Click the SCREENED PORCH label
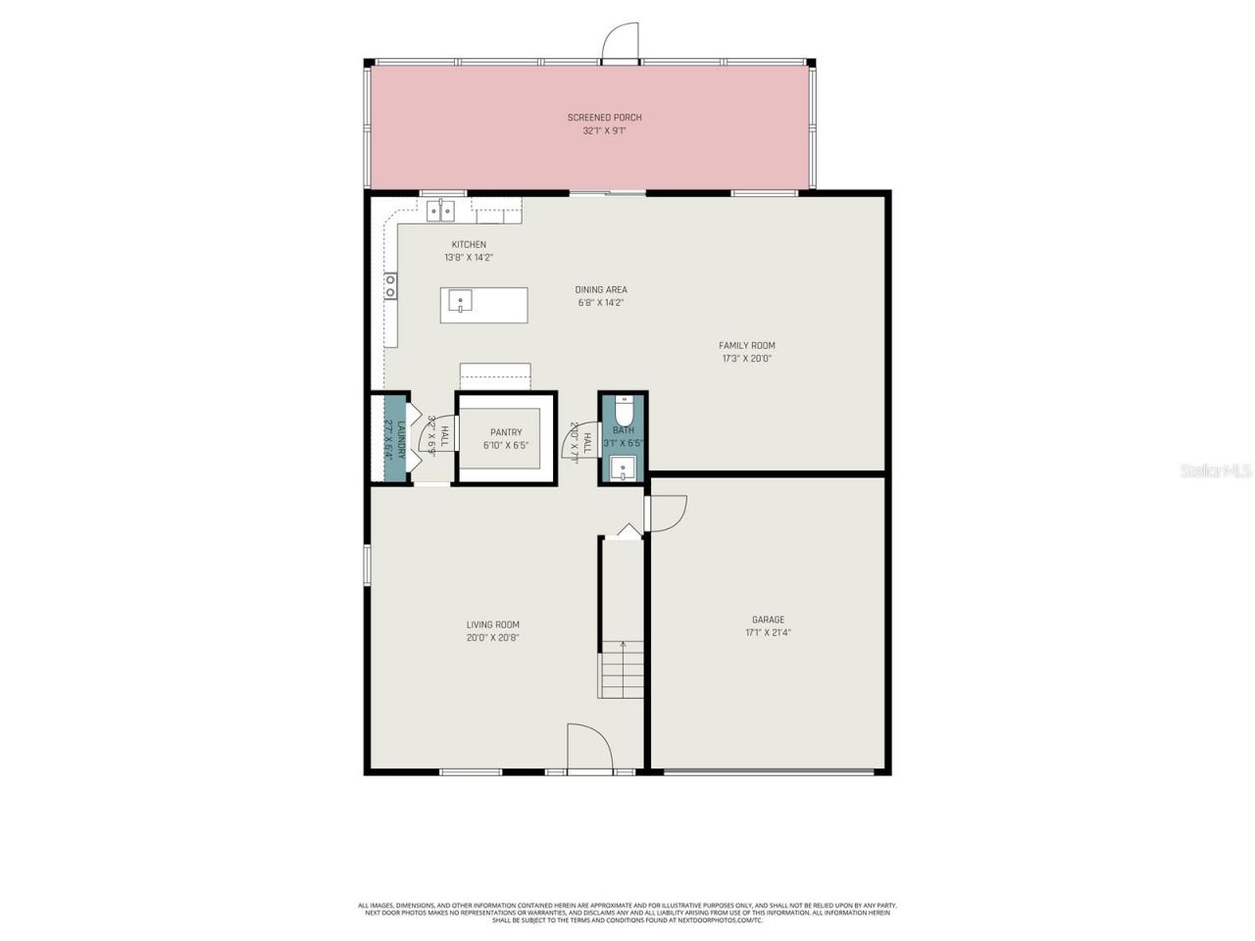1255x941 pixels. (604, 118)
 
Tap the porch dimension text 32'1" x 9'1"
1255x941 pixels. (604, 130)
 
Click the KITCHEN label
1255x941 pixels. (468, 245)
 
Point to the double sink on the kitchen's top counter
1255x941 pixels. (440, 210)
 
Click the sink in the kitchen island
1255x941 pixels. (459, 301)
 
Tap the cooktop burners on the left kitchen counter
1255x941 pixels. (390, 285)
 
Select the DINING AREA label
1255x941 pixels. (600, 290)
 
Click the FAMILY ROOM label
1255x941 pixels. (746, 346)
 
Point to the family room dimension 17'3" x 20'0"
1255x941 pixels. (746, 359)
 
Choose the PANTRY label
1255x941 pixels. (506, 432)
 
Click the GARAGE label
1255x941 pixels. (768, 619)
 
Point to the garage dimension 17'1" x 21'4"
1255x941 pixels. (768, 633)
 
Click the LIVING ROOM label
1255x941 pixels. (492, 624)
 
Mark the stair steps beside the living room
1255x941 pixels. (623, 669)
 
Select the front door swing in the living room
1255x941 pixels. (588, 750)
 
